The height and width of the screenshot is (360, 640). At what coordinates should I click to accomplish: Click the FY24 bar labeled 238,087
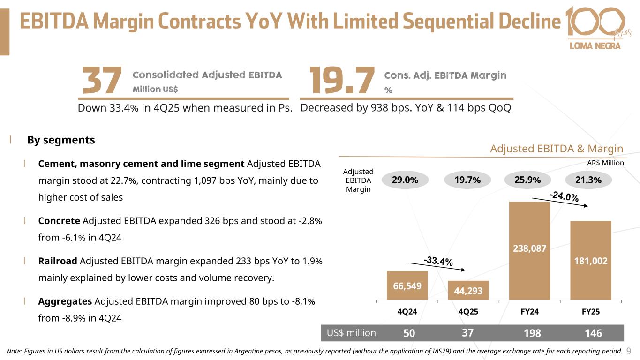pyautogui.click(x=529, y=250)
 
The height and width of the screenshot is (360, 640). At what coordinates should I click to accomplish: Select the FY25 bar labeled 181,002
pyautogui.click(x=590, y=260)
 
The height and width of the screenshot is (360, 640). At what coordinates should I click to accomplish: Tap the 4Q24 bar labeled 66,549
pyautogui.click(x=407, y=285)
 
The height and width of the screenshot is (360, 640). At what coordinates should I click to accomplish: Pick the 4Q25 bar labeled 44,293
pyautogui.click(x=468, y=290)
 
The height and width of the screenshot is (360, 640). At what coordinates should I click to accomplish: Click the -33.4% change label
pyautogui.click(x=438, y=261)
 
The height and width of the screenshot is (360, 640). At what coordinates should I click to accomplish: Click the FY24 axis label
pyautogui.click(x=529, y=311)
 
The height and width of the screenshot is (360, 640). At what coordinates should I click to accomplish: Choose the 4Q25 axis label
pyautogui.click(x=468, y=311)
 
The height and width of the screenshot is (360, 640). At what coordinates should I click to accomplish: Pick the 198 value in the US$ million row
pyautogui.click(x=532, y=333)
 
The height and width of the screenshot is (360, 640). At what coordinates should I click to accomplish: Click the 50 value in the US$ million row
pyautogui.click(x=409, y=333)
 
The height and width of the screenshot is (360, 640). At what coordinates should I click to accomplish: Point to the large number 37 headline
pyautogui.click(x=102, y=81)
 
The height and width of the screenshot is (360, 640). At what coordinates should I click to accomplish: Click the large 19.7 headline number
pyautogui.click(x=343, y=81)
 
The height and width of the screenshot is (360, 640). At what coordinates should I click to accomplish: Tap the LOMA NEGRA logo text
pyautogui.click(x=595, y=45)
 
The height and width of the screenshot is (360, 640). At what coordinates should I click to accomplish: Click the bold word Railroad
pyautogui.click(x=58, y=261)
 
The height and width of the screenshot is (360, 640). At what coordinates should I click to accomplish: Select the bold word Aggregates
pyautogui.click(x=65, y=301)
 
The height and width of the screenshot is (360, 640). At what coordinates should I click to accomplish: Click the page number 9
pyautogui.click(x=629, y=350)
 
